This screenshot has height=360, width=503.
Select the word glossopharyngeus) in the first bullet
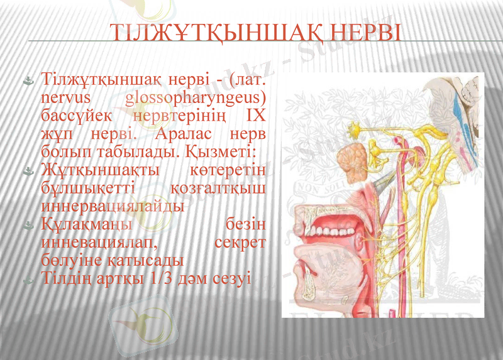point(195,99)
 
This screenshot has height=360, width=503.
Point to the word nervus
point(64,99)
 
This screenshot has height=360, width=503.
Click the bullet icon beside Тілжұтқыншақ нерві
point(29,81)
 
